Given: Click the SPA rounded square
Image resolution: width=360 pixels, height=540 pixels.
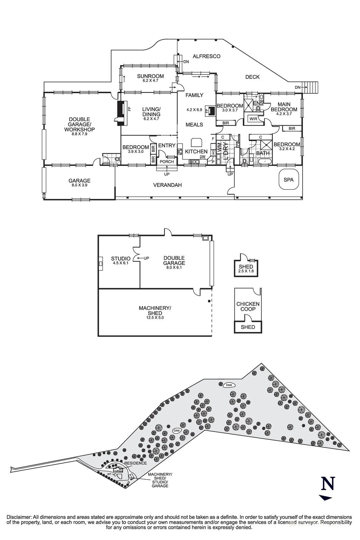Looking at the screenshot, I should tap(288, 180).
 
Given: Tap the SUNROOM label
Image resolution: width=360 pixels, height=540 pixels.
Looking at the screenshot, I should tap(150, 76).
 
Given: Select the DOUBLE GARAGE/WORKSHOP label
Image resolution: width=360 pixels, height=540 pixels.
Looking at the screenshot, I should tap(79, 125).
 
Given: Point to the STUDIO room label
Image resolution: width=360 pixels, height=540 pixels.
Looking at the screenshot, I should tap(120, 259).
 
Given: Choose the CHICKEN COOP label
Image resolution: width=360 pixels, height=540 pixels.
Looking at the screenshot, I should tap(248, 306).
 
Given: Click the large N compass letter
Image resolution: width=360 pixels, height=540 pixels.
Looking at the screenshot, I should tap(328, 484).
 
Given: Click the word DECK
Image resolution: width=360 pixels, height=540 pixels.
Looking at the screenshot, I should tap(252, 77).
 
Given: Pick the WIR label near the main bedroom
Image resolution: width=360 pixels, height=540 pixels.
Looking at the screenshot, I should tap(253, 119).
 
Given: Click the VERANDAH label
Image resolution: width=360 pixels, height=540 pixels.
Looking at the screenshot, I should tap(167, 185).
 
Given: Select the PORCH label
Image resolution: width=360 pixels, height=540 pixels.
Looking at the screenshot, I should tap(167, 162).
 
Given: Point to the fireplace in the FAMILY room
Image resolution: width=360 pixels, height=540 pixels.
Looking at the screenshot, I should tap(212, 111).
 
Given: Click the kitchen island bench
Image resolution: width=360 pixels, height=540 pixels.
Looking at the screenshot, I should tap(196, 141).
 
